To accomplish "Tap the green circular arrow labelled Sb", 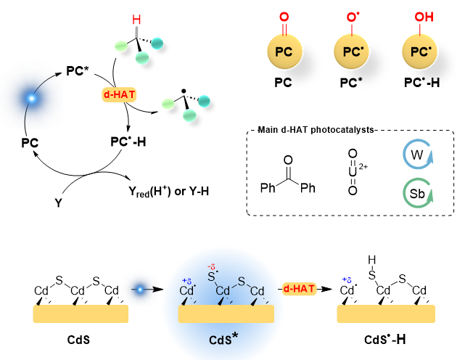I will (x=418, y=195).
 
